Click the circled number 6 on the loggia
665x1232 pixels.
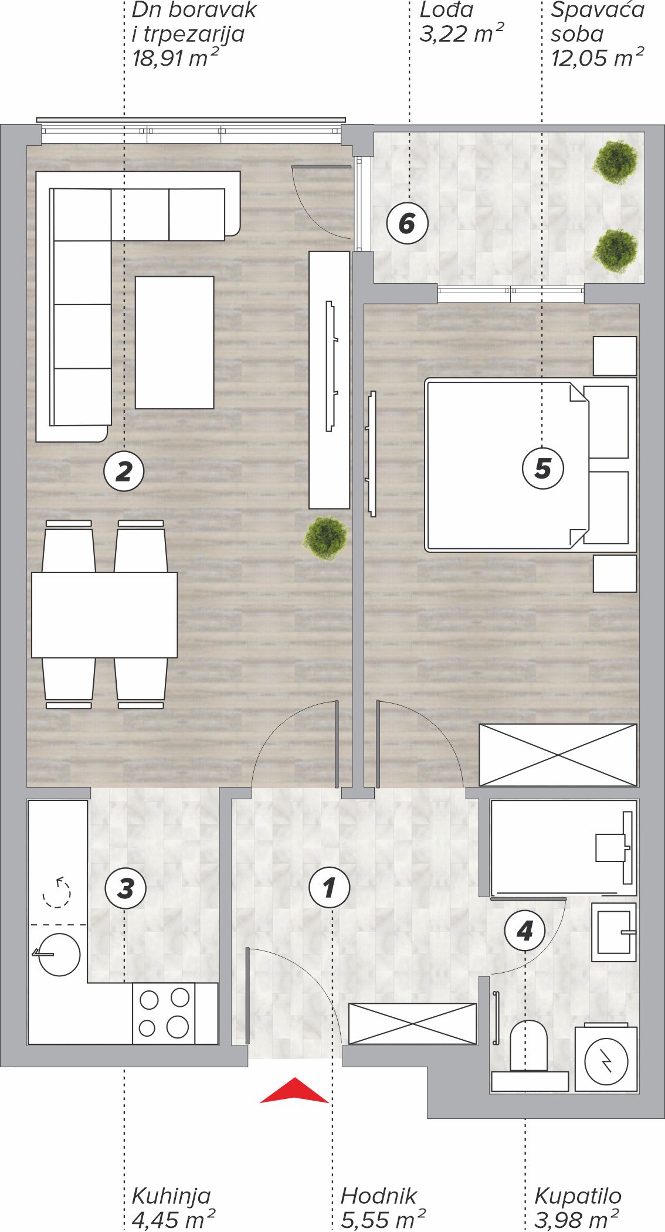point(408,223)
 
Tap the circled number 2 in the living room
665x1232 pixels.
point(124,471)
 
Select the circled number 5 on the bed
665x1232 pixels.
point(543,468)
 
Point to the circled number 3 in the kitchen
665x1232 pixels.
point(125,888)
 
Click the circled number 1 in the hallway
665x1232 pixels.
point(330,887)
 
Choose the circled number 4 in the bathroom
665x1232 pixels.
point(525,930)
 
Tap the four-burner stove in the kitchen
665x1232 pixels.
point(164,1013)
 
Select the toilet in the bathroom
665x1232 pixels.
point(529,1056)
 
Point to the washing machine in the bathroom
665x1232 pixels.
point(606,1058)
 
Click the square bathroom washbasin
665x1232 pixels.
point(614,932)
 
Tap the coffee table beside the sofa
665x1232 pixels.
point(175,342)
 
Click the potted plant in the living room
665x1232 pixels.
point(326,537)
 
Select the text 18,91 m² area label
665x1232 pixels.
point(175,58)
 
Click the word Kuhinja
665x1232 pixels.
point(171,1196)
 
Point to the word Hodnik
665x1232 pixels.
point(379,1196)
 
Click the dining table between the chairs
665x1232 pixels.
point(104,615)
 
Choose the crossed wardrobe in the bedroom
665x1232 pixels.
point(558,755)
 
